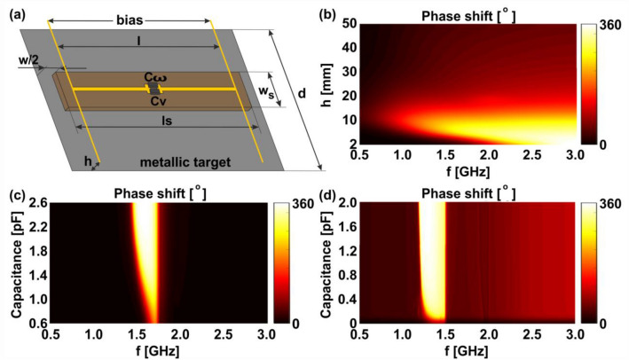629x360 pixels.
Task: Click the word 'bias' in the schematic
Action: (131, 19)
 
